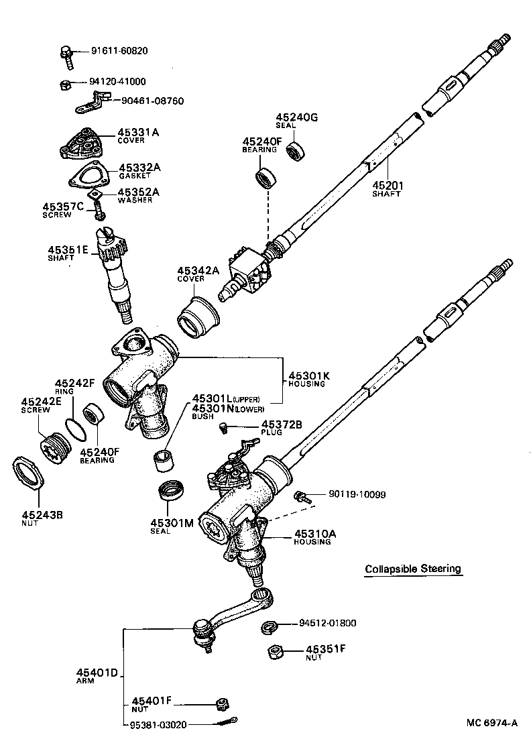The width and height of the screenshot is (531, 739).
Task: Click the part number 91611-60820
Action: (119, 51)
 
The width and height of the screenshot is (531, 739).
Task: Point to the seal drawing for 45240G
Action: (296, 150)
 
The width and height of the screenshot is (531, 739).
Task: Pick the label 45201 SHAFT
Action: (387, 188)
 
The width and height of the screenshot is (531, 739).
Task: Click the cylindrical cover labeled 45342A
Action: (198, 317)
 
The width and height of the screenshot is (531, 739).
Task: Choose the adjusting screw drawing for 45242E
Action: (54, 447)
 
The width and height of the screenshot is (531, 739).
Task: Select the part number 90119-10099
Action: (357, 495)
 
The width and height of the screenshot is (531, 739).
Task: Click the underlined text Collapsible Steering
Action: (413, 569)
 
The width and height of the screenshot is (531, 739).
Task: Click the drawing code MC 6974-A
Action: (493, 723)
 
